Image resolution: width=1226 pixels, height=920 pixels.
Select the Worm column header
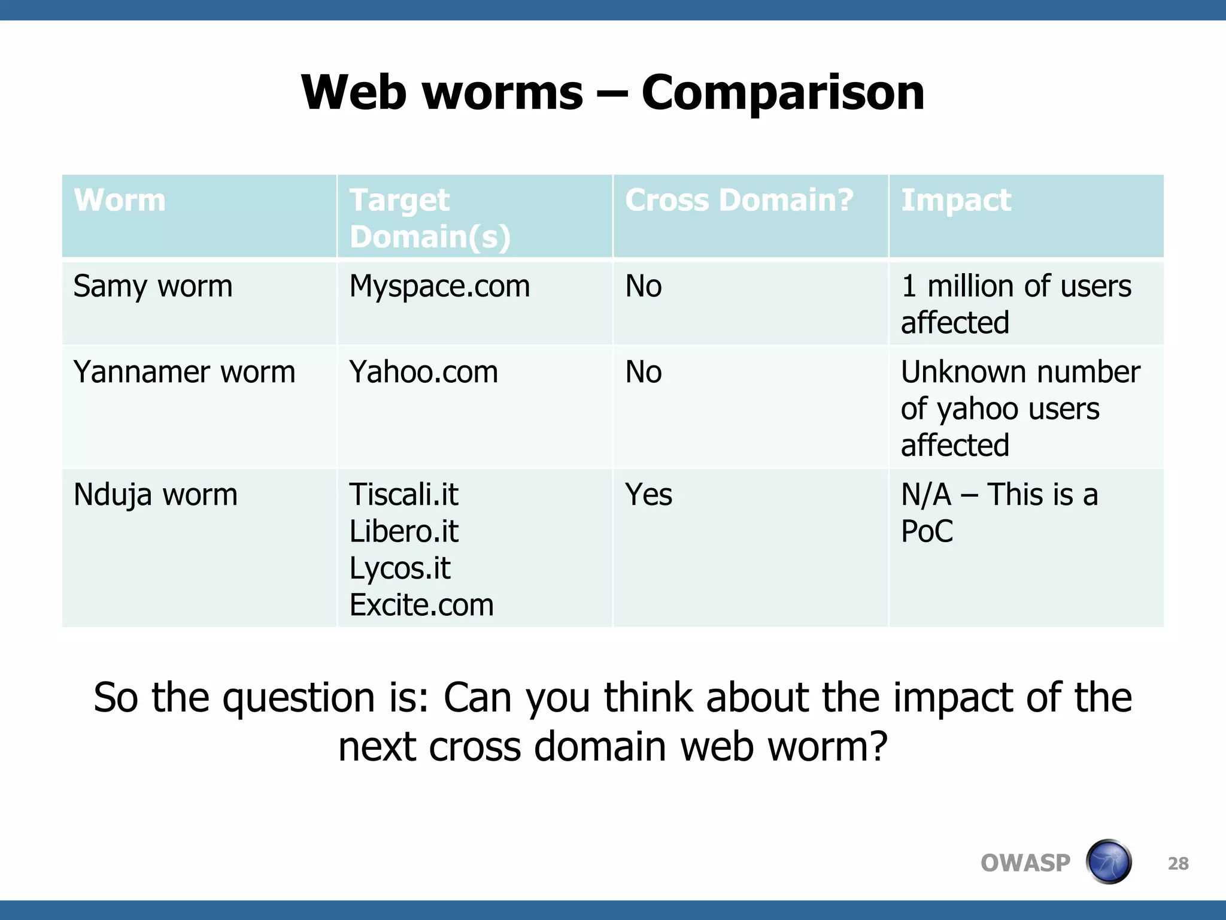pos(120,200)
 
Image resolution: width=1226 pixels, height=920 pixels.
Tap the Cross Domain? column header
pos(739,200)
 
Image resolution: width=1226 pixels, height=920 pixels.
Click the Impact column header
pos(955,200)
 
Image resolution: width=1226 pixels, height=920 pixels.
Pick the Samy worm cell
pos(153,286)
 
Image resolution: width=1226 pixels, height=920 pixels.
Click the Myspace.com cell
pos(439,286)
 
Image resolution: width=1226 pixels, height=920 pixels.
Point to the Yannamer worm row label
pos(184,372)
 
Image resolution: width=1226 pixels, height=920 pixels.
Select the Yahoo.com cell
pos(423,372)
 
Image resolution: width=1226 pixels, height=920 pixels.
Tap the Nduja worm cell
pos(156,495)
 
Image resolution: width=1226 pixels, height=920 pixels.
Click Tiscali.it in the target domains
pos(403,495)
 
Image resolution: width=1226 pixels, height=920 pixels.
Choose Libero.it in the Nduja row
pos(403,531)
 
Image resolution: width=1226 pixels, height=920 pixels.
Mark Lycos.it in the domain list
pos(399,568)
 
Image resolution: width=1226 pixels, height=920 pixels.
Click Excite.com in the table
pos(421,605)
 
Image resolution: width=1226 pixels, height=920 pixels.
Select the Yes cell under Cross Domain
pos(648,495)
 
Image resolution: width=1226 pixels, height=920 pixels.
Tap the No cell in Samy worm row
pos(644,286)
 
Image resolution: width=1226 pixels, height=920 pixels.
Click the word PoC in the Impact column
pos(927,531)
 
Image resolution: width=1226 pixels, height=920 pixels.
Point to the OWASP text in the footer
pos(1025,863)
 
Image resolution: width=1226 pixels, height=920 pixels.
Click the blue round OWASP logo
pos(1108,862)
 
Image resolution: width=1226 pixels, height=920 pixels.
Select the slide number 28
pos(1178,863)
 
